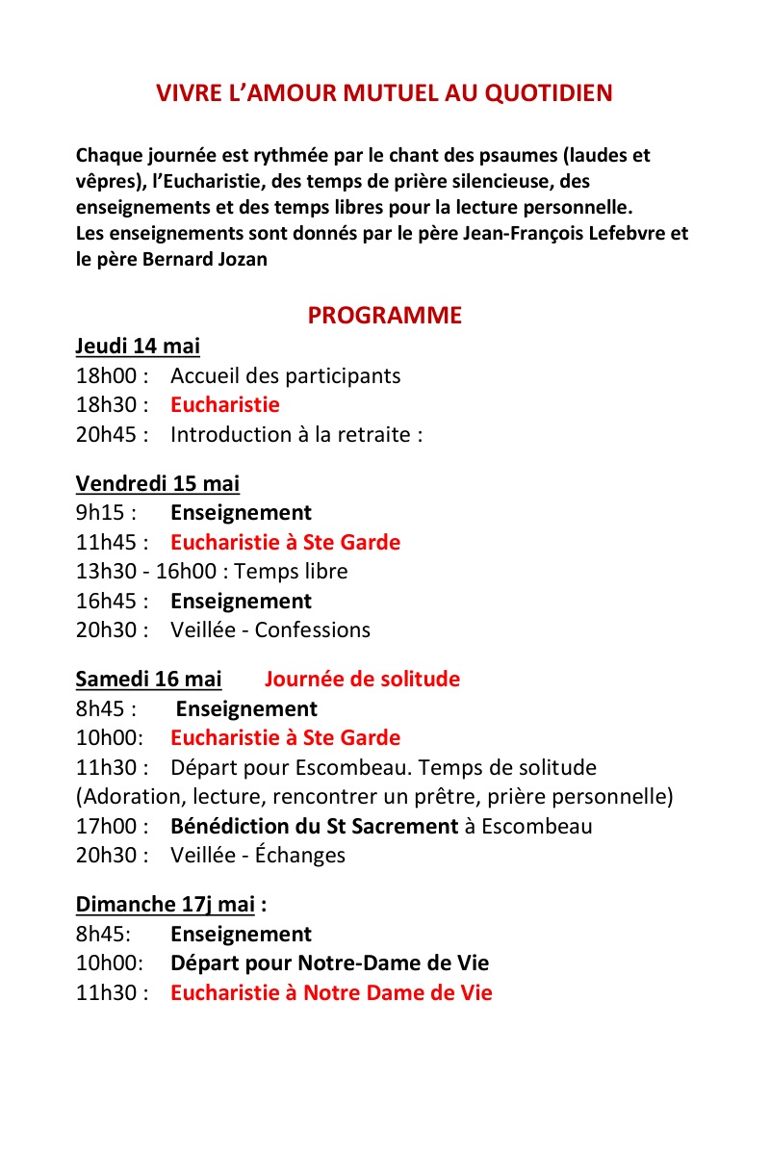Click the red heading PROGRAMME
384,316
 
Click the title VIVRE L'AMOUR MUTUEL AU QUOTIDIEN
384,93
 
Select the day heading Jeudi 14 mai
138,346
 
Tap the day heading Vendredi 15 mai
158,483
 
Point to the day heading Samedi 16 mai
148,680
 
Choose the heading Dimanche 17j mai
166,905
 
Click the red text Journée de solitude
362,680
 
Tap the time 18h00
107,376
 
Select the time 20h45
107,435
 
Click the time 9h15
100,513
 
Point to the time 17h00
107,827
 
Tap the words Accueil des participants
285,376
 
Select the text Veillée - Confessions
269,630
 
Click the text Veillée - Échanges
257,856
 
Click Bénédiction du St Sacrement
314,827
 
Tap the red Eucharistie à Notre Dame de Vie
331,993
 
